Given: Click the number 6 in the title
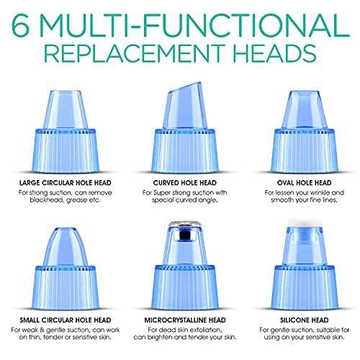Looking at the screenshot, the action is coord(21,24).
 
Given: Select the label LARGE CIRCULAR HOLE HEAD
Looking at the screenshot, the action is coord(66,183).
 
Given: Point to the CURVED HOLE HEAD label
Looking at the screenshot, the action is coord(185,183).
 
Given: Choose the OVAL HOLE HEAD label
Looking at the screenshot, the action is coord(305,183).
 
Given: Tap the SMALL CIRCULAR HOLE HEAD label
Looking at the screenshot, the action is coord(66,320).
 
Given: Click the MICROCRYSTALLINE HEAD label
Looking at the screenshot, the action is coord(185,320).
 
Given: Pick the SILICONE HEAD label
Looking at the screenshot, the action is coord(305,320).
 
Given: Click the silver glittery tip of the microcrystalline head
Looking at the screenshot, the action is coord(185,224).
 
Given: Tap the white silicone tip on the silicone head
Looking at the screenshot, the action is coord(305,222).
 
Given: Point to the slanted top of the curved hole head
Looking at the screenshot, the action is coord(185,88).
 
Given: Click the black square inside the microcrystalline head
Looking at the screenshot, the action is coord(184,236).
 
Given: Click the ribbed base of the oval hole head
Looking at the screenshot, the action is coord(305,150).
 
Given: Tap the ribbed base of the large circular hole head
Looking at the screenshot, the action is coord(66,150).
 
